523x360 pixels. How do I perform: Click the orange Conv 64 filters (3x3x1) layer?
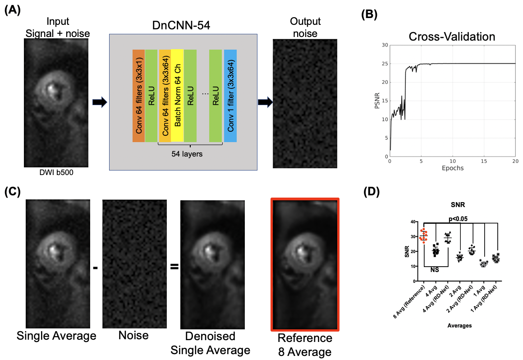[138, 96]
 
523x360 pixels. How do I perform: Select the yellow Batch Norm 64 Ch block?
[177, 96]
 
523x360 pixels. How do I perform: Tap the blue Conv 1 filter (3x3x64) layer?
[230, 96]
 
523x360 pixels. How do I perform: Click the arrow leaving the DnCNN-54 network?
[265, 103]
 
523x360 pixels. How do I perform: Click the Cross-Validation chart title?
[453, 36]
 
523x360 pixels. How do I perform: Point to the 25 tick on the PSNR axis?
[384, 64]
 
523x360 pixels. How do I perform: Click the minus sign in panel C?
[95, 268]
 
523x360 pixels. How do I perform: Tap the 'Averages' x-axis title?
[459, 325]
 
